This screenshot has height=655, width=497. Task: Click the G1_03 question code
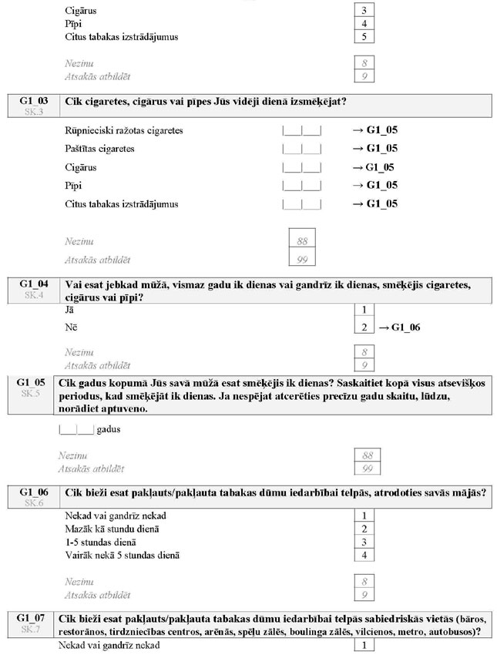(x=32, y=101)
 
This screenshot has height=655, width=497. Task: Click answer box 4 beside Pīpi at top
(x=363, y=24)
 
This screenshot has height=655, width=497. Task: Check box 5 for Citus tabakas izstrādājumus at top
(x=363, y=37)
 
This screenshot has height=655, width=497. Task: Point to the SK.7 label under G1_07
(x=32, y=630)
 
